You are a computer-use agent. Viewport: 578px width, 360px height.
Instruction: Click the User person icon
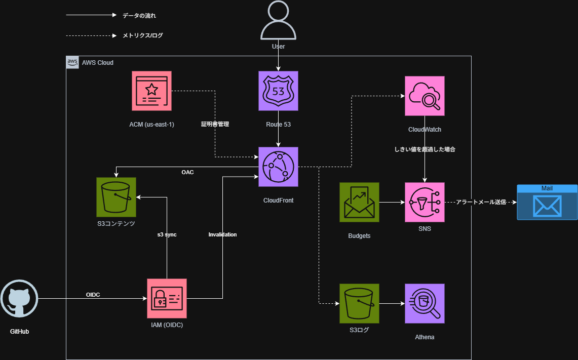[x=278, y=21]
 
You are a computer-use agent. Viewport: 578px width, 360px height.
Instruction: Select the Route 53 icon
[x=278, y=91]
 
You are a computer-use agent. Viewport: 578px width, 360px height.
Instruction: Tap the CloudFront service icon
[x=278, y=167]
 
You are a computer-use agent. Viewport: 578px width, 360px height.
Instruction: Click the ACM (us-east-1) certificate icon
[x=151, y=91]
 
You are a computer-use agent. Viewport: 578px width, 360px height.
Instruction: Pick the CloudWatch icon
[x=425, y=96]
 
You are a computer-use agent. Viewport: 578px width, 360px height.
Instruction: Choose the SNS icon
[x=425, y=202]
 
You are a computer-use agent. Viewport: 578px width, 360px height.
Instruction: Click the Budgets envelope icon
[x=359, y=202]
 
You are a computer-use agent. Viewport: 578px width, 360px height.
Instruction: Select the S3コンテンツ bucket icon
[x=116, y=197]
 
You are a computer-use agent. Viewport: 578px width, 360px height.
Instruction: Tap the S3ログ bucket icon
[x=359, y=303]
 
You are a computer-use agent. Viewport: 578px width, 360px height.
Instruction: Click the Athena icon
[x=425, y=303]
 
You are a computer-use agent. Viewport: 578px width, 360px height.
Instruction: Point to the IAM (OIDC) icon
[x=167, y=298]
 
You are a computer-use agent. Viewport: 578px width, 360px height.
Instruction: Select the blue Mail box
[x=547, y=202]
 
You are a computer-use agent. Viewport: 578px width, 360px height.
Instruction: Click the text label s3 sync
[x=167, y=234]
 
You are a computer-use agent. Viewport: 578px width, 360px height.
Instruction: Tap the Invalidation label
[x=222, y=234]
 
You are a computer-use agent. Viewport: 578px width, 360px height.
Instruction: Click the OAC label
[x=187, y=172]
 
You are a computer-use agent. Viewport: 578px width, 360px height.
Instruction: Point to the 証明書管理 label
[x=215, y=124]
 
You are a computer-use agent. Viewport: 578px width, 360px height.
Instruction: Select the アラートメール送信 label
[x=481, y=202]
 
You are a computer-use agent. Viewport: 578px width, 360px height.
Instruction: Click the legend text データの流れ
[x=135, y=16]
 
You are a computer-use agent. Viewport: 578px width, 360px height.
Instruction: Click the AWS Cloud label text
[x=98, y=63]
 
